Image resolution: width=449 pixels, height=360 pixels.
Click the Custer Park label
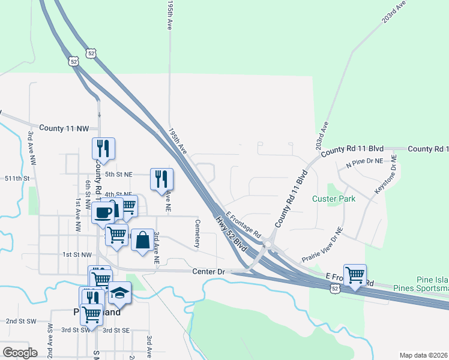[x=333, y=199]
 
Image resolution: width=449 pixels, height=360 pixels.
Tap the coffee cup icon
[x=104, y=212]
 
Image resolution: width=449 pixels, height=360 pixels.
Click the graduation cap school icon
[x=119, y=294]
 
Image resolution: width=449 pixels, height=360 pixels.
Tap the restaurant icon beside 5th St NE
[x=161, y=179]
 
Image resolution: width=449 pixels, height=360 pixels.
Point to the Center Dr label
[x=208, y=272]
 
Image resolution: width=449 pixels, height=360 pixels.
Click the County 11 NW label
[x=64, y=128]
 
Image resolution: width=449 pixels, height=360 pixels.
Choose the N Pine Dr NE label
[x=364, y=163]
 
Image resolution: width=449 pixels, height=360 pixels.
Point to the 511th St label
[x=17, y=179]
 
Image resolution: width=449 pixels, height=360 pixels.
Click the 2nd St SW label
[x=19, y=321]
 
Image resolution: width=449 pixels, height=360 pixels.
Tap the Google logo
[x=20, y=352]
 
